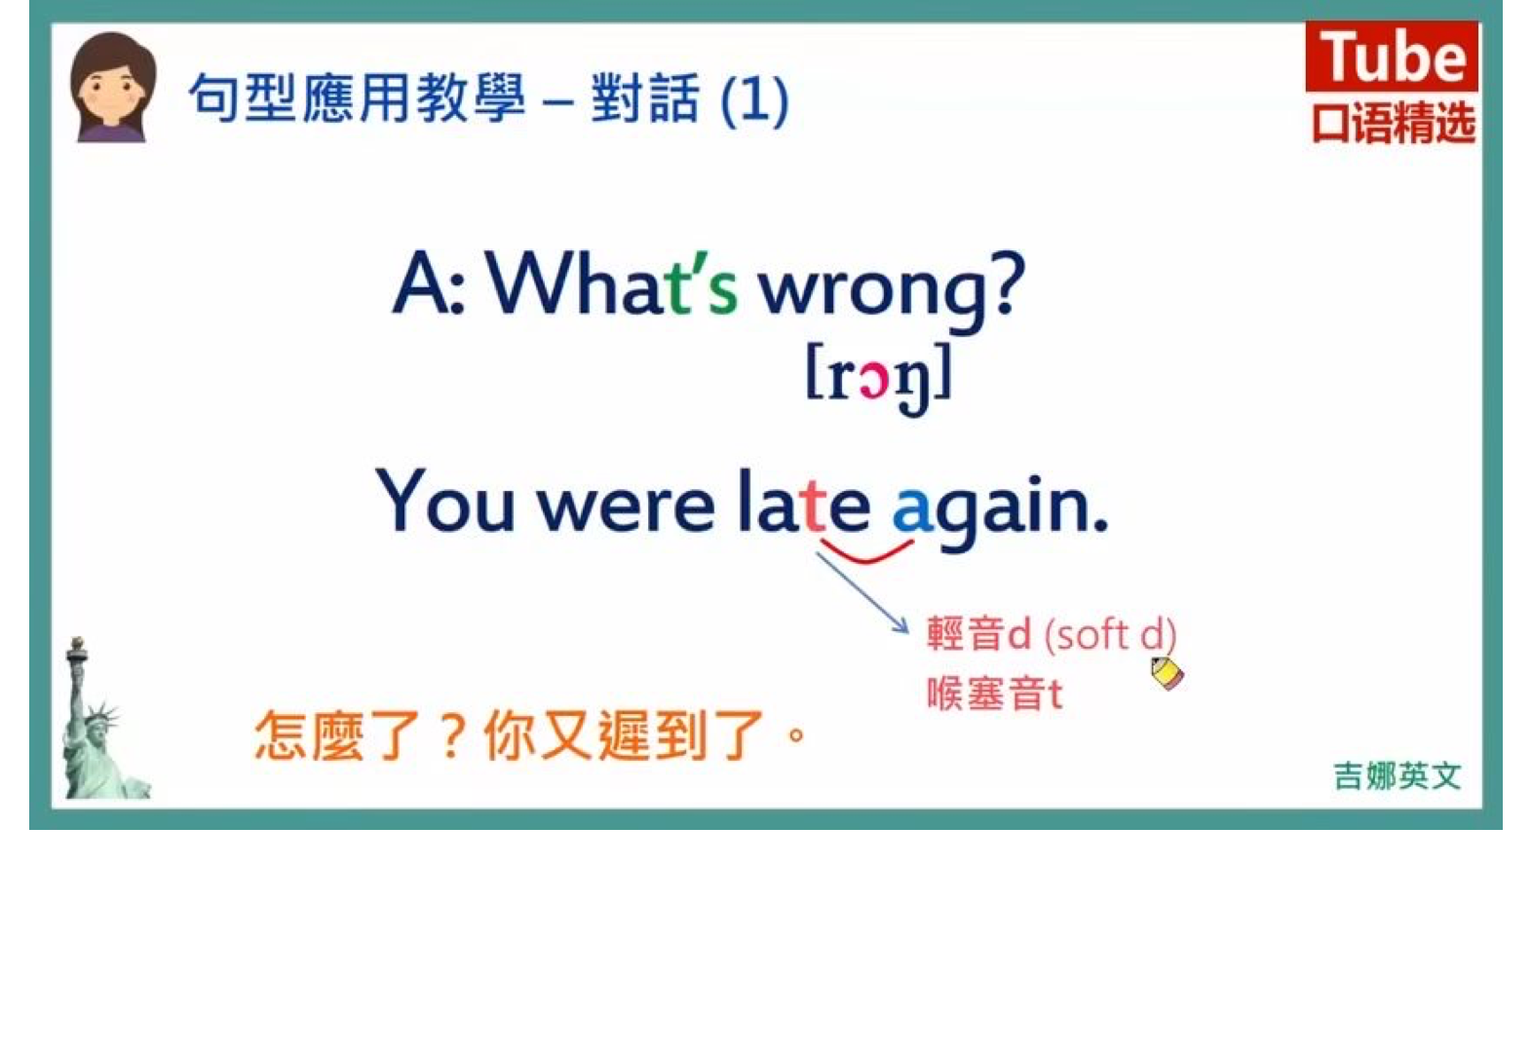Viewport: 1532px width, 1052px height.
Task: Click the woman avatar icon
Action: (113, 87)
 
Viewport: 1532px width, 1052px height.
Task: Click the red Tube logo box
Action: (1391, 56)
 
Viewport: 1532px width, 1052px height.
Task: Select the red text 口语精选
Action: (1393, 123)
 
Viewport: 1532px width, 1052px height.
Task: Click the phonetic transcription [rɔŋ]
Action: (879, 378)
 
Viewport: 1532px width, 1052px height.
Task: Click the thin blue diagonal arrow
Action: (863, 592)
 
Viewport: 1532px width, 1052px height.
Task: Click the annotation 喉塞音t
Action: (995, 694)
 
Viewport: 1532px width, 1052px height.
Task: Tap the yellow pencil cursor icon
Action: (1167, 673)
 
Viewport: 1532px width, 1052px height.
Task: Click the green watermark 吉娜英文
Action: (1398, 775)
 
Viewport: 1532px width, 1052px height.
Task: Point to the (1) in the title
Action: (755, 99)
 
